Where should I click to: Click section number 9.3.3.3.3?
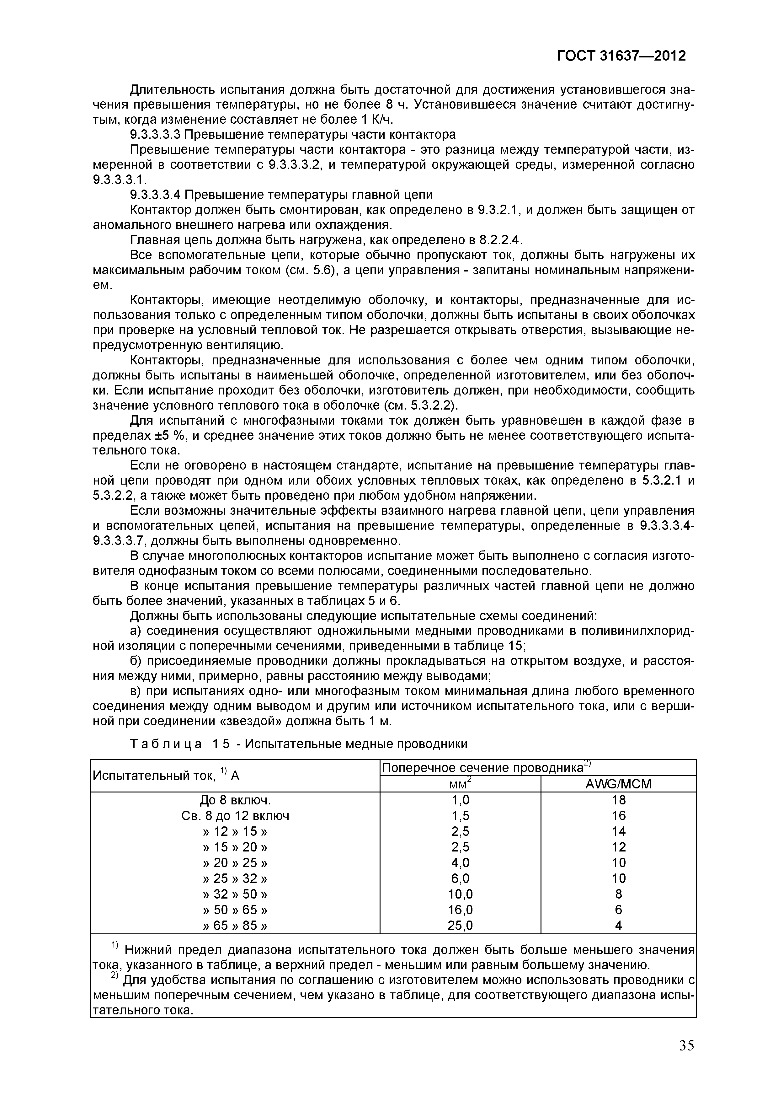point(155,134)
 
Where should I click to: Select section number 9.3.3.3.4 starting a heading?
point(155,195)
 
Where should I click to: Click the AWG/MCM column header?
point(618,784)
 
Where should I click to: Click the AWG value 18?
point(618,800)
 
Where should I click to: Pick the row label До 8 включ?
point(235,800)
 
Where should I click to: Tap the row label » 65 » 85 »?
point(235,926)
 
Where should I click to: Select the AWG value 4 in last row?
point(618,926)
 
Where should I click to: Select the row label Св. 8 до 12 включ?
point(235,816)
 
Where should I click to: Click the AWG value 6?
point(618,910)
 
